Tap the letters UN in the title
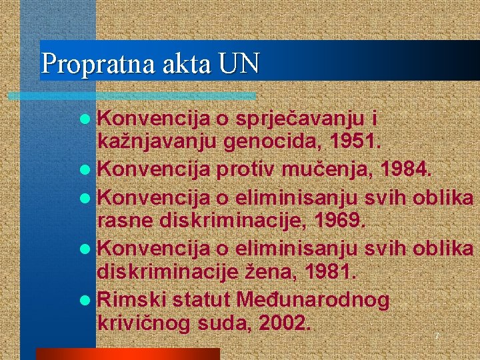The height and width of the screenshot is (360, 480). pos(237,63)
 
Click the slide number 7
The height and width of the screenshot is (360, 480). pos(437,337)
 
